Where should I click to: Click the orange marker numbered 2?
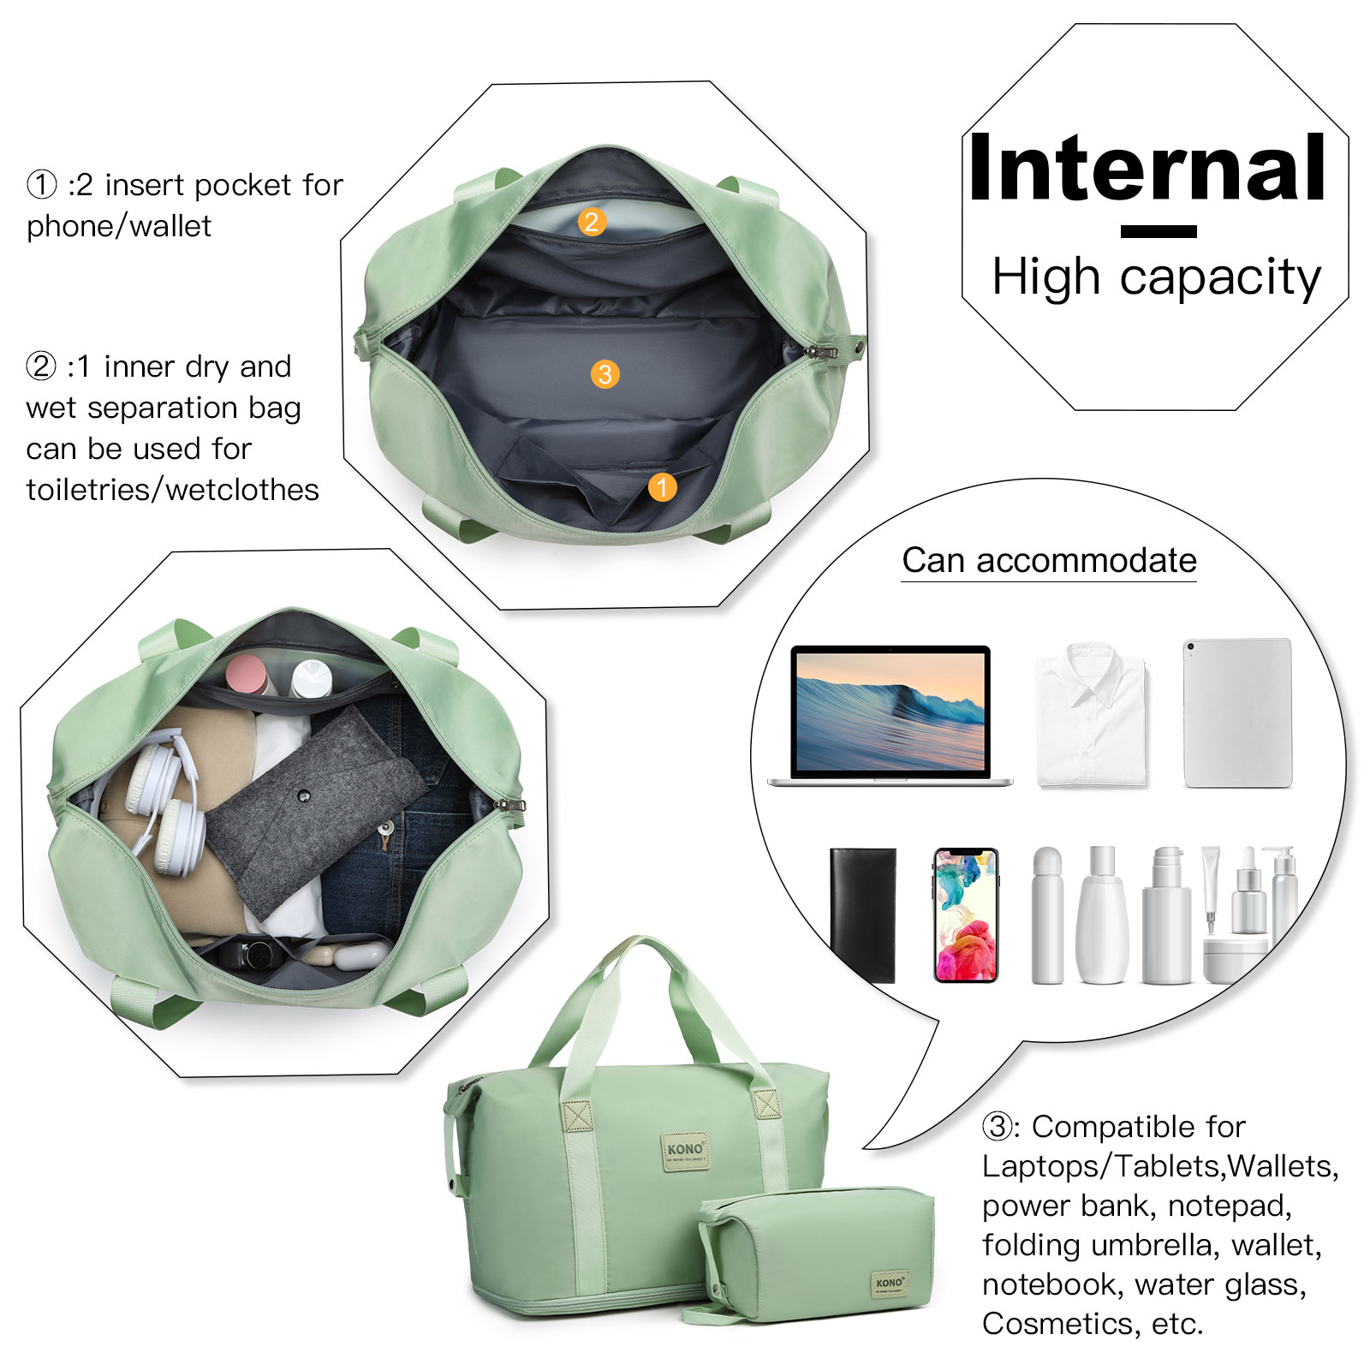591,222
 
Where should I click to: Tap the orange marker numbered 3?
605,373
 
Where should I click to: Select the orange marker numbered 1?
662,487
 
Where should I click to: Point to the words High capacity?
1156,277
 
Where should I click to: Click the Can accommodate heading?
1049,560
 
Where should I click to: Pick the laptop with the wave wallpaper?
890,715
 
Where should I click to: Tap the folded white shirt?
1091,715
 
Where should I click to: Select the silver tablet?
1237,712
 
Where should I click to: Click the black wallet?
863,914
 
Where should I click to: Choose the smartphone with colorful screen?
966,914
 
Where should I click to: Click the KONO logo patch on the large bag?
685,1152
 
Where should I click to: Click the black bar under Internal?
1159,231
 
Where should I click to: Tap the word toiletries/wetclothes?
172,489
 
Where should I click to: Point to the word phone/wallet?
119,226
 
